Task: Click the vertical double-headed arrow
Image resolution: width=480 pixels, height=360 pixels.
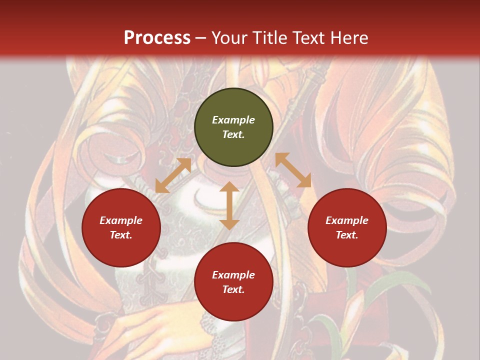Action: click(x=229, y=205)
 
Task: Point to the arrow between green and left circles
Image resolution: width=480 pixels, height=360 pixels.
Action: click(x=173, y=175)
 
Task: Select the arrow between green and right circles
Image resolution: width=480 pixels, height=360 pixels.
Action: click(x=293, y=170)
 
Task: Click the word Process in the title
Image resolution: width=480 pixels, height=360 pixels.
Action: click(x=157, y=38)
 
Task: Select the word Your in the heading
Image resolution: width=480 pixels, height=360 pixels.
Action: click(x=228, y=38)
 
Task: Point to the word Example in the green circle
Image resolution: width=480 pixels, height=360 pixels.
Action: click(x=233, y=120)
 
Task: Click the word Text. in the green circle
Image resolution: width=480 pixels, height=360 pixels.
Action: click(x=233, y=134)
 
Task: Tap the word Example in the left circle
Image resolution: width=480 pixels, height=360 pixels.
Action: click(x=121, y=220)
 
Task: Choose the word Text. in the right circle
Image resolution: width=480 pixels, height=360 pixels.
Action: click(x=347, y=235)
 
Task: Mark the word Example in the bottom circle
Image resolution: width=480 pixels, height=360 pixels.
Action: click(x=233, y=275)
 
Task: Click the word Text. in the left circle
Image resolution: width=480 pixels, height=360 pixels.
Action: click(x=121, y=235)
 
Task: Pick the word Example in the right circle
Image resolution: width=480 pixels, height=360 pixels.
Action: click(x=347, y=220)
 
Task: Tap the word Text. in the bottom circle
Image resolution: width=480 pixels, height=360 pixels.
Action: click(x=233, y=289)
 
